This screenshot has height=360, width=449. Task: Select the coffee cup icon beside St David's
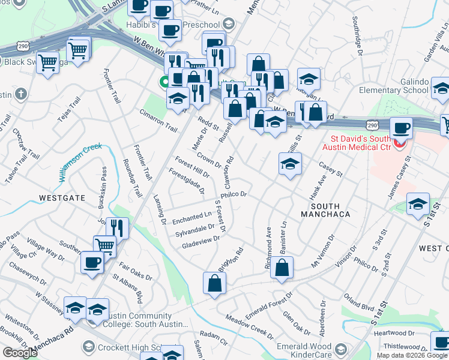pyautogui.click(x=401, y=128)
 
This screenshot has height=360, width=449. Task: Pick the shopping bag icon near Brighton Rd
pyautogui.click(x=214, y=284)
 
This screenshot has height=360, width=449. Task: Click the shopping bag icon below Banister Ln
pyautogui.click(x=282, y=268)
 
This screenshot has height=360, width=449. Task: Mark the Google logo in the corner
pyautogui.click(x=20, y=352)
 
